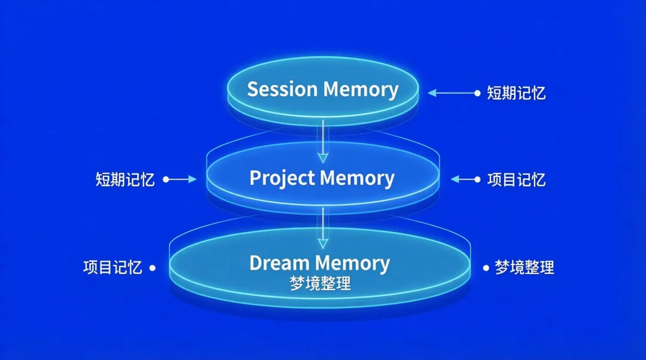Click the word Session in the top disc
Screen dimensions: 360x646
point(282,89)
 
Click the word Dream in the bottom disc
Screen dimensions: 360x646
point(279,263)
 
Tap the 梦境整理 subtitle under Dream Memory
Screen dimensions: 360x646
point(320,284)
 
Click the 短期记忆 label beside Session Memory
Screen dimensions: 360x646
point(516,93)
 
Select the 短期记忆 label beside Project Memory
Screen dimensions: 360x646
point(125,179)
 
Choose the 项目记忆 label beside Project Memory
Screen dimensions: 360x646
point(516,179)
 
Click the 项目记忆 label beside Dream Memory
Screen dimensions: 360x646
point(112,267)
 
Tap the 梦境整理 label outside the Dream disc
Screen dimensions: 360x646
point(524,267)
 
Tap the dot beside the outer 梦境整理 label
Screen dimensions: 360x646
point(484,268)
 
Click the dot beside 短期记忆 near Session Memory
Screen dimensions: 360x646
point(477,93)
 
